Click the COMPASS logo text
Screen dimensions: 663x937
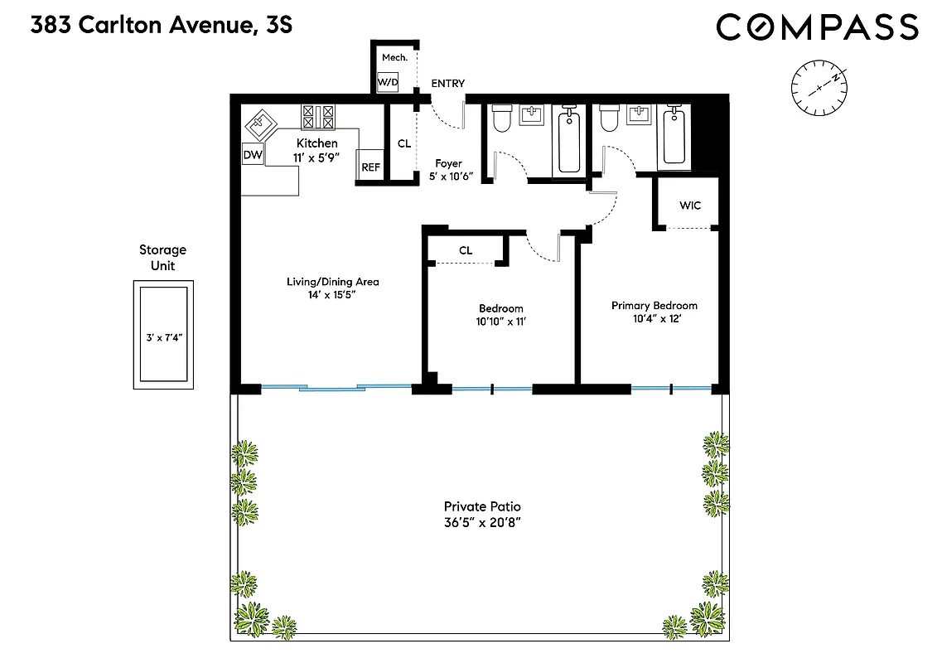coord(817,27)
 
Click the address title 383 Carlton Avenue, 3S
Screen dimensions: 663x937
coord(161,26)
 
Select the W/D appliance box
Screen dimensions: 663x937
coord(387,82)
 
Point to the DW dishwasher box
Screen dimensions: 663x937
coord(252,155)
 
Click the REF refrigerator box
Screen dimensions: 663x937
coord(370,167)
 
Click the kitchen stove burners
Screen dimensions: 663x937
coord(318,116)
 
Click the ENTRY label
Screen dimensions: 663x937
coord(447,84)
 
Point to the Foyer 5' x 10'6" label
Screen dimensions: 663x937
coord(448,170)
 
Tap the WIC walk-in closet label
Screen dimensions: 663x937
coord(690,205)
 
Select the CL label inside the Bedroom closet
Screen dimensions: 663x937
coord(466,250)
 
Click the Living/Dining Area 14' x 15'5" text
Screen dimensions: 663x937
coord(332,288)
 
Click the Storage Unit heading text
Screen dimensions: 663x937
coord(162,258)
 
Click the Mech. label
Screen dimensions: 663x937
coord(391,57)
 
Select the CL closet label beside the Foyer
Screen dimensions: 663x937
coord(404,143)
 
